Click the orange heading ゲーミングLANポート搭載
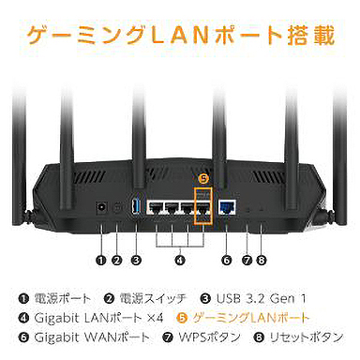pos(179,37)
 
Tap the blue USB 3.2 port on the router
pos(136,205)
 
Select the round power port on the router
pos(99,206)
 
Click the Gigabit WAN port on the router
pos(226,208)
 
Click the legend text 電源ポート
pos(57,298)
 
